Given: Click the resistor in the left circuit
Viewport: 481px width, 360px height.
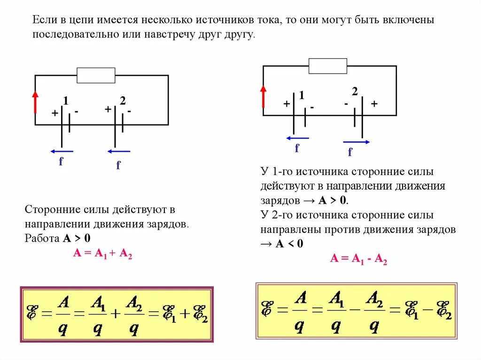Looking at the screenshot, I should tap(96, 75).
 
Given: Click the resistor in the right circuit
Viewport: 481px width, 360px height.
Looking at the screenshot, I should tap(327, 66).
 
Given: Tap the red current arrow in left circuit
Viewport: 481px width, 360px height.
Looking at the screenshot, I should tap(35, 102).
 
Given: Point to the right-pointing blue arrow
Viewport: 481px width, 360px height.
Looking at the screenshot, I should tap(356, 142).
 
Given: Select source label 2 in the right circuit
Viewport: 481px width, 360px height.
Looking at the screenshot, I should tap(355, 92).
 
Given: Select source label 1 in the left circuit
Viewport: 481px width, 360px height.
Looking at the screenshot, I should tap(66, 100).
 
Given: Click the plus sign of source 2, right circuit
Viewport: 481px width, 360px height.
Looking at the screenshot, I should tap(374, 104).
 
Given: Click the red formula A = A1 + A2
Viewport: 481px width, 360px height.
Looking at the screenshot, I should tap(102, 253).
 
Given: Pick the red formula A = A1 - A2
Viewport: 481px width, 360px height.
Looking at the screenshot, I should tap(358, 259).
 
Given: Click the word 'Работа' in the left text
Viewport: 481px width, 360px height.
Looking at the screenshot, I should tap(42, 237).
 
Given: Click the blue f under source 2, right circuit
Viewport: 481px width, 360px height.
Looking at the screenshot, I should tap(350, 152).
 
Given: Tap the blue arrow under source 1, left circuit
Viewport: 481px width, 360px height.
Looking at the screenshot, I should tap(62, 151).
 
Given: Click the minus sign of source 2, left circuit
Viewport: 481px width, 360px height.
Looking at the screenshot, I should tap(128, 112).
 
